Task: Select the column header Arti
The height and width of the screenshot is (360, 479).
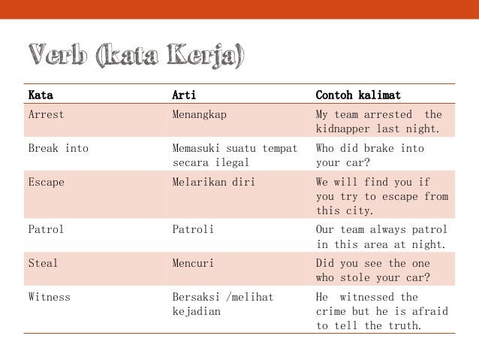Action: [x=185, y=96]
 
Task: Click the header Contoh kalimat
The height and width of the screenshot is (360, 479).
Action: [x=358, y=96]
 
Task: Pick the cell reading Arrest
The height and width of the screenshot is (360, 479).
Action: [x=46, y=115]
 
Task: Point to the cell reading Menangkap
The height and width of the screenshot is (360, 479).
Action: [x=199, y=115]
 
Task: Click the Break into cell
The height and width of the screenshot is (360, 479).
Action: [x=58, y=148]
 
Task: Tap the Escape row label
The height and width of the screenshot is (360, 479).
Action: [x=46, y=182]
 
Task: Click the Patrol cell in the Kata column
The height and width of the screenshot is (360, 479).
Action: [x=46, y=229]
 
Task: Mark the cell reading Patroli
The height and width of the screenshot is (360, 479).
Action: [x=193, y=229]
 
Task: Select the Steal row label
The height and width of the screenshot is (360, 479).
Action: [x=43, y=263]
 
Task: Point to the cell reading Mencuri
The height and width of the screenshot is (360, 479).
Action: [x=193, y=263]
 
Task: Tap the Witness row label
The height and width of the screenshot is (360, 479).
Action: [x=49, y=297]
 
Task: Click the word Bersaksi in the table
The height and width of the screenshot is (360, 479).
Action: [x=196, y=297]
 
